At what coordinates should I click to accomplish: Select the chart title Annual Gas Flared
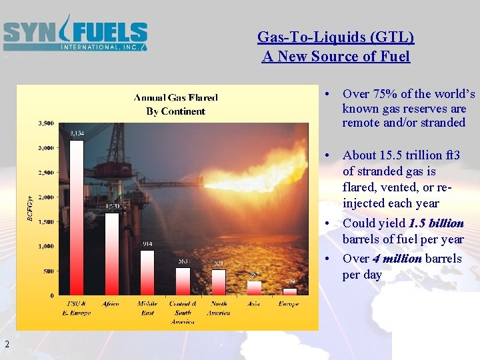(x=176, y=98)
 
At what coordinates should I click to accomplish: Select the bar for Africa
(x=111, y=253)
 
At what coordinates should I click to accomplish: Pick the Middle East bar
(x=147, y=272)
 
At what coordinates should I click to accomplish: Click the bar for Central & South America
(x=182, y=281)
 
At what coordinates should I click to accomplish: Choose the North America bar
(x=218, y=281)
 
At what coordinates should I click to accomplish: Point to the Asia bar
(x=254, y=287)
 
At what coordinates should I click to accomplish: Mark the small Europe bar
(x=289, y=291)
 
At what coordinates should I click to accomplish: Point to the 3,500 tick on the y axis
(x=45, y=123)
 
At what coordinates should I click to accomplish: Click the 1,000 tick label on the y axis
(x=45, y=247)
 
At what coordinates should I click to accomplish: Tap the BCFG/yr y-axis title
(x=29, y=208)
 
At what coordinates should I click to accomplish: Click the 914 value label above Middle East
(x=147, y=244)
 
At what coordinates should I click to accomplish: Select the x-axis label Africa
(x=111, y=304)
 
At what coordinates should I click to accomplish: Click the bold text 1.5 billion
(x=436, y=223)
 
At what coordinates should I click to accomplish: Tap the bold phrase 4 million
(x=397, y=259)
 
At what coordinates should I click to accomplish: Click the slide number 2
(x=6, y=344)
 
